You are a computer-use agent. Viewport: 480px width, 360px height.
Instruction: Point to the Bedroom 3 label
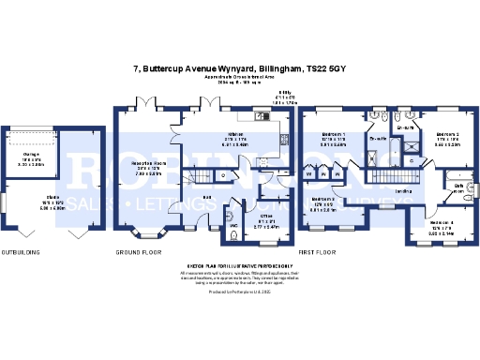pyautogui.click(x=323, y=199)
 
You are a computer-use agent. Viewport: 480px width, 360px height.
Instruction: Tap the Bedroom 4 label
pyautogui.click(x=442, y=223)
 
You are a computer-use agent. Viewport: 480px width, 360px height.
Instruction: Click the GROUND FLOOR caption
pyautogui.click(x=145, y=252)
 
